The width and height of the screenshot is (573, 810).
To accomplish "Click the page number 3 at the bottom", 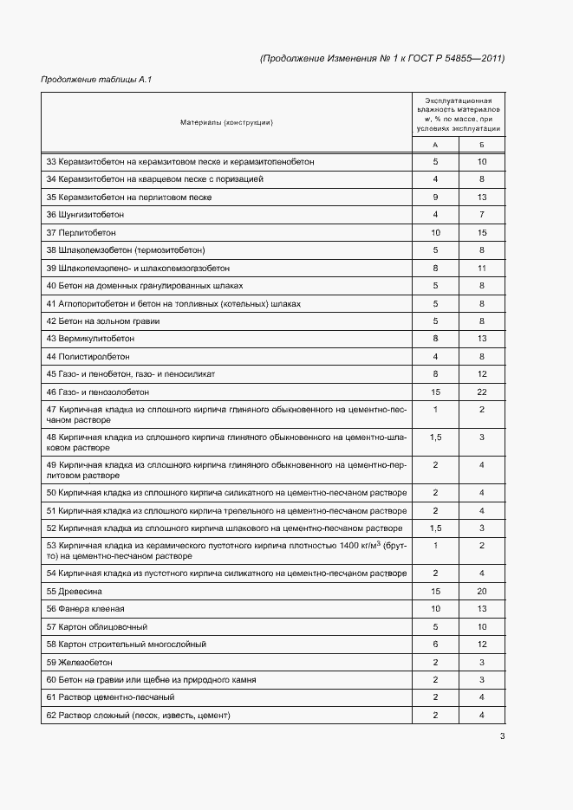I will [502, 737].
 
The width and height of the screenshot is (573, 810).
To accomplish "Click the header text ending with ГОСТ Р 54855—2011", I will [381, 58].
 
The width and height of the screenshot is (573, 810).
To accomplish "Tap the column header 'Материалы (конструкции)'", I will [226, 122].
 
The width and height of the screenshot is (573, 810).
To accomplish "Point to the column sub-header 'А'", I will [435, 145].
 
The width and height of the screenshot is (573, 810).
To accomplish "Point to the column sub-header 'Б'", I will [481, 145].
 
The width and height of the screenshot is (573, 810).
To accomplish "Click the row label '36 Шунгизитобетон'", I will [85, 215].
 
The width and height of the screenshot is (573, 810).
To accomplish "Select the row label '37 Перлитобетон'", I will [81, 233].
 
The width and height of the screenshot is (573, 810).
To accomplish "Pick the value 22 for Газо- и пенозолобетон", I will [481, 392].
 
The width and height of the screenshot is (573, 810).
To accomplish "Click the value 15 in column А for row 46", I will [435, 392].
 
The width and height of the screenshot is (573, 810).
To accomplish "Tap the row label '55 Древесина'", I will [74, 591].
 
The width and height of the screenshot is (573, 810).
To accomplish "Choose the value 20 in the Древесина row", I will [481, 591].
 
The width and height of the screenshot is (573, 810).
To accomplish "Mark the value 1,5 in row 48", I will [435, 438].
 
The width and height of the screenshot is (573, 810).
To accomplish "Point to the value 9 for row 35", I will [435, 198].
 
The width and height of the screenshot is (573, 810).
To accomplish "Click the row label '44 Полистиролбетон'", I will [88, 356].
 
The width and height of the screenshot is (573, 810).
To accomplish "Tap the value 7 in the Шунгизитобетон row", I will [481, 215].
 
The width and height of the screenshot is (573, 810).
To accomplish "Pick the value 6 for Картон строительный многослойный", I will [435, 644].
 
